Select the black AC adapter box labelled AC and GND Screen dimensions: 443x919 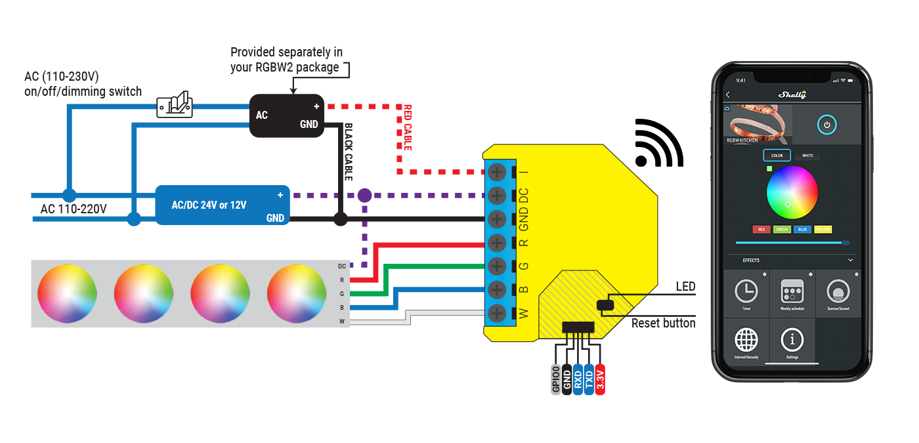(x=287, y=116)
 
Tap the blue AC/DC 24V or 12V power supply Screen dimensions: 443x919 (x=223, y=205)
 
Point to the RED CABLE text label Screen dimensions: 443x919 (x=408, y=127)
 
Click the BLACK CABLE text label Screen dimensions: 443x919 (x=349, y=152)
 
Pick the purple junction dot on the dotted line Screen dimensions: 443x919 (x=364, y=195)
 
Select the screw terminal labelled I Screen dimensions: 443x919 (x=498, y=172)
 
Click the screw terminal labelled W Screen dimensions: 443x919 (x=498, y=312)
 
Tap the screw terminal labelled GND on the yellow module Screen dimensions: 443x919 (x=498, y=219)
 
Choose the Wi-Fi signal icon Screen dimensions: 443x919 (x=658, y=144)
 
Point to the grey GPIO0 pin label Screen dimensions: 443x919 (x=555, y=379)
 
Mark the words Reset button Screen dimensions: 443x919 (x=663, y=324)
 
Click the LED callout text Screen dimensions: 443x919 (x=685, y=287)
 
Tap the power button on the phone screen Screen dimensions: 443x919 (x=826, y=124)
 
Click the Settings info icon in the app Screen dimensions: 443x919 (x=792, y=340)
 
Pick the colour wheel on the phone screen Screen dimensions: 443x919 (x=792, y=192)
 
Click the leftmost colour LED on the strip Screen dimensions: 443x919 (x=67, y=293)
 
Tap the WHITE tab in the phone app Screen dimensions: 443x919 (x=807, y=156)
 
